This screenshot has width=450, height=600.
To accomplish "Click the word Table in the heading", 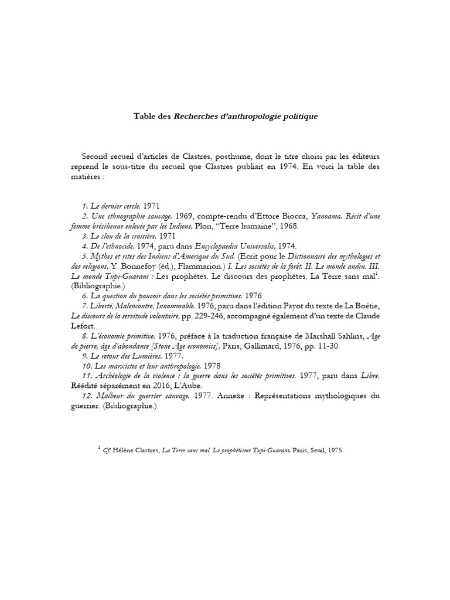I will tap(146, 116).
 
